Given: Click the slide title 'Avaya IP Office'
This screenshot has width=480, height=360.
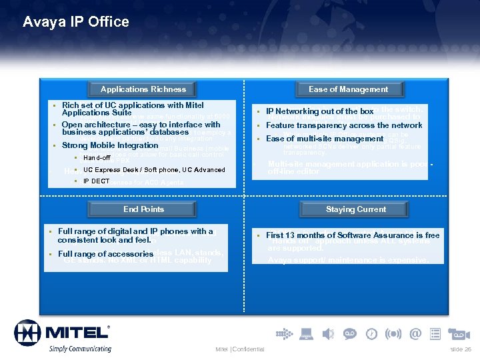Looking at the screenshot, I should (x=75, y=22).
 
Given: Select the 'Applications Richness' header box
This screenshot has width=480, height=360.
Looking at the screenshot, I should (x=143, y=89).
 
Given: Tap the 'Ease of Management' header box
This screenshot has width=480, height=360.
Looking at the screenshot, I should (x=348, y=89).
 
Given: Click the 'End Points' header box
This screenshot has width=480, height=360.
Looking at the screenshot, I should (x=143, y=209).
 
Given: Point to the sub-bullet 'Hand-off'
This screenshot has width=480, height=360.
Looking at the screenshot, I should (x=97, y=158).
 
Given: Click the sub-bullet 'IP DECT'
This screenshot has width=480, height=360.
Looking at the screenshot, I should (x=96, y=181).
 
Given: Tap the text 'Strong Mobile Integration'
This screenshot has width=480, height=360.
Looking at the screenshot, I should (x=110, y=145).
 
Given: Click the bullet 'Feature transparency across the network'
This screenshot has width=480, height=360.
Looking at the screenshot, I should (x=344, y=125).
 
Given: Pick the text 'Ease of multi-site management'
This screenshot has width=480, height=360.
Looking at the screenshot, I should (x=325, y=139).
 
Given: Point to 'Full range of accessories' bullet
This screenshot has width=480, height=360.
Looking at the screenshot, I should (x=106, y=254).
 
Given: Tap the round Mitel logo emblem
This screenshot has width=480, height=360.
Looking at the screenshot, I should (x=27, y=333).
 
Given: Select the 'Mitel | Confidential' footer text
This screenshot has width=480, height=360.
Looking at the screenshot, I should (x=240, y=349).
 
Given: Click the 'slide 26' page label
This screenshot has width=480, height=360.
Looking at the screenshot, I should (x=461, y=349).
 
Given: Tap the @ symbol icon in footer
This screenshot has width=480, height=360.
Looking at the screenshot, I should (x=415, y=333).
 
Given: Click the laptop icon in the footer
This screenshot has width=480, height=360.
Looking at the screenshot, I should (x=306, y=333).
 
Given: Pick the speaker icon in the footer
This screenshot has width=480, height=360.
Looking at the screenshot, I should (x=327, y=333).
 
